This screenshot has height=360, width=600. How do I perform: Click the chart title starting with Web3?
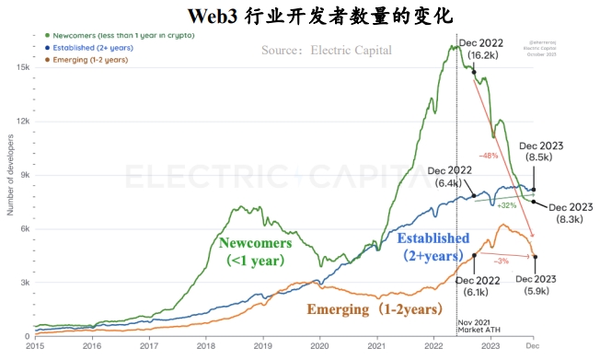(x=301, y=16)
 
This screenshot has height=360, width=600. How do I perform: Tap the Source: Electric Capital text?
(x=326, y=50)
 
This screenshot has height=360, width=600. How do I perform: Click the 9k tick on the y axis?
(x=24, y=175)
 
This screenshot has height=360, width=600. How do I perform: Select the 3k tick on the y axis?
(x=24, y=283)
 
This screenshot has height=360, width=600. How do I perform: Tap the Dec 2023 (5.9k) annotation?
(x=536, y=285)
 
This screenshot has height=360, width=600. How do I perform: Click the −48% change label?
(x=489, y=155)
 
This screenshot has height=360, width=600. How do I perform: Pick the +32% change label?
(x=507, y=205)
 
